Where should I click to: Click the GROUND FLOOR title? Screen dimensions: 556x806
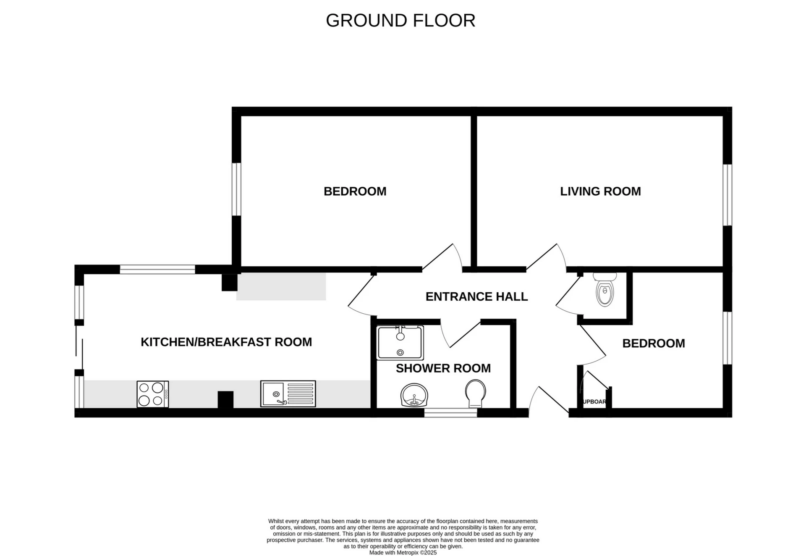(400, 21)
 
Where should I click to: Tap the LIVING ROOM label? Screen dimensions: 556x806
(600, 191)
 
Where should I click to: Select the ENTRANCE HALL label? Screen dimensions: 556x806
(476, 297)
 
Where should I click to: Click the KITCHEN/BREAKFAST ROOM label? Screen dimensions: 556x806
(226, 342)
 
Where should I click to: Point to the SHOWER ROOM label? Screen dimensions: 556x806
(443, 368)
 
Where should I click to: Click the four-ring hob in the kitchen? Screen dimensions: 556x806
(153, 394)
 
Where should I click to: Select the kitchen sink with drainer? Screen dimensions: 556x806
(288, 394)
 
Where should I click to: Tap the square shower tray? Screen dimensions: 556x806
(400, 343)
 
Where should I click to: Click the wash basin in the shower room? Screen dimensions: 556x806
(414, 396)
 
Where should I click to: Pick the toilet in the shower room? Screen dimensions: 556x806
(476, 393)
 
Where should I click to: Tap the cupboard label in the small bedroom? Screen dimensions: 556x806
(594, 402)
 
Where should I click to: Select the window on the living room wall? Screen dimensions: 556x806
(727, 195)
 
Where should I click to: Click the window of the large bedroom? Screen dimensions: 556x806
(236, 189)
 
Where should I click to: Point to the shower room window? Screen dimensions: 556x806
(450, 413)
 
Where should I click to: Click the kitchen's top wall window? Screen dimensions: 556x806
(157, 269)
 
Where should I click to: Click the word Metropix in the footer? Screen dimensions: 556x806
(408, 553)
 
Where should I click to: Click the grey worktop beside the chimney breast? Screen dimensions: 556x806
(281, 286)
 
